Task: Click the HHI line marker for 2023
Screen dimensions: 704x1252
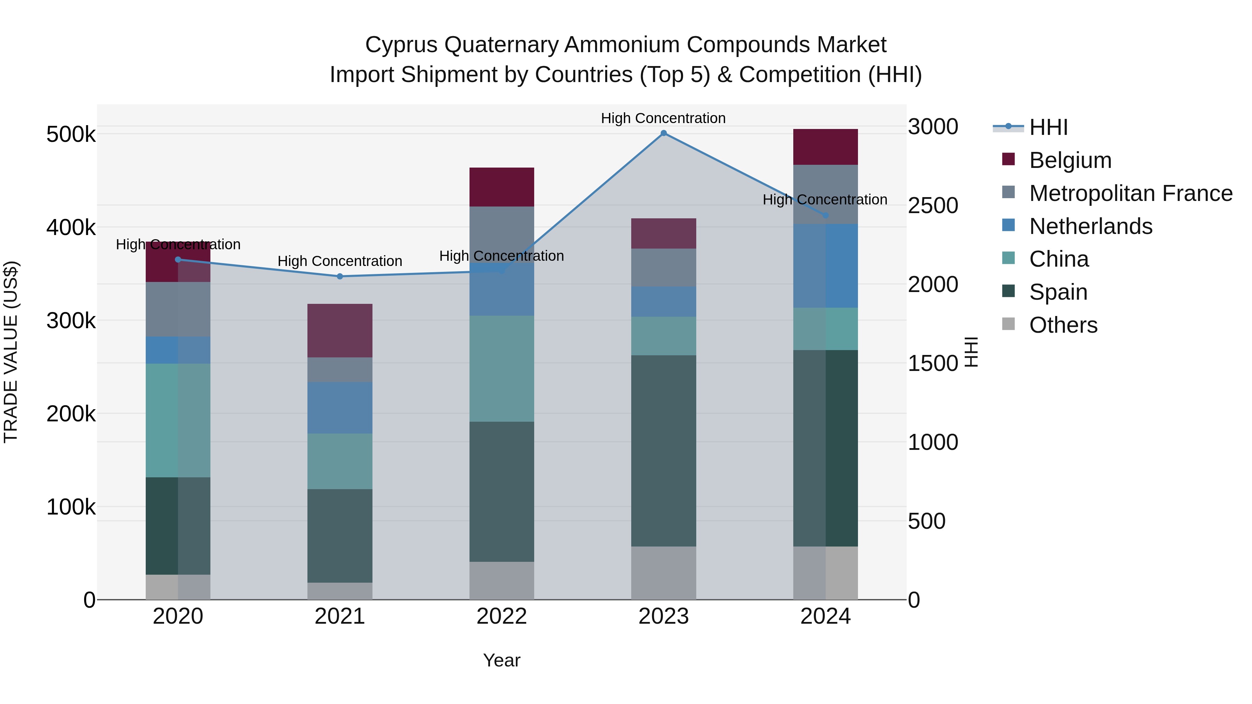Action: pyautogui.click(x=664, y=133)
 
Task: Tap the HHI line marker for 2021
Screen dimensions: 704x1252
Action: pyautogui.click(x=340, y=276)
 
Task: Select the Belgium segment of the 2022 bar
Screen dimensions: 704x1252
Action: pyautogui.click(x=501, y=187)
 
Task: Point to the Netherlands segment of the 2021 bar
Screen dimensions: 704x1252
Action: pyautogui.click(x=340, y=408)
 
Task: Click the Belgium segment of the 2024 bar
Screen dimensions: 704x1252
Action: pyautogui.click(x=825, y=147)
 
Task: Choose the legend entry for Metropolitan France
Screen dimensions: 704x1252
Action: pyautogui.click(x=1131, y=193)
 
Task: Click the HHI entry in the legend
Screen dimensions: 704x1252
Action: pyautogui.click(x=1048, y=127)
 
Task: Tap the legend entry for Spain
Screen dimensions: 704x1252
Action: pyautogui.click(x=1058, y=292)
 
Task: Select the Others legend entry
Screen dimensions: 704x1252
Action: pyautogui.click(x=1063, y=325)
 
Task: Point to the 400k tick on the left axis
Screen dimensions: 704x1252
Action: pyautogui.click(x=71, y=227)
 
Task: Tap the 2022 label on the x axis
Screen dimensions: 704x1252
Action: pyautogui.click(x=501, y=616)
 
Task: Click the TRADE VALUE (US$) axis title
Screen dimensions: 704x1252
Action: pyautogui.click(x=11, y=352)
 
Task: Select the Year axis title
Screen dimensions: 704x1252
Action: pyautogui.click(x=501, y=660)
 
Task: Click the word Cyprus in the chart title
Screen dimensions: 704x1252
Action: pyautogui.click(x=401, y=45)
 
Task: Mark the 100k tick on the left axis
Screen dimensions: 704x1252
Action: pyautogui.click(x=71, y=507)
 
